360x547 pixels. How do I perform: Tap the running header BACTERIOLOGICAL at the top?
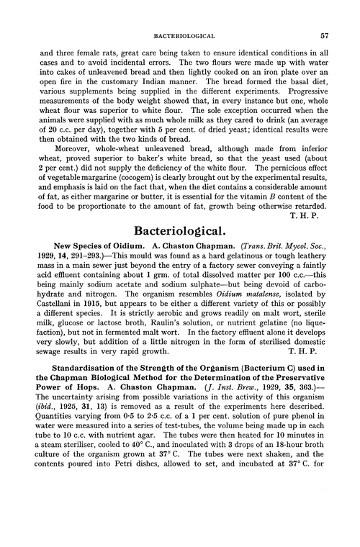click(x=180, y=34)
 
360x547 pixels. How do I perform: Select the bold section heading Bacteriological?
click(x=180, y=233)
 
